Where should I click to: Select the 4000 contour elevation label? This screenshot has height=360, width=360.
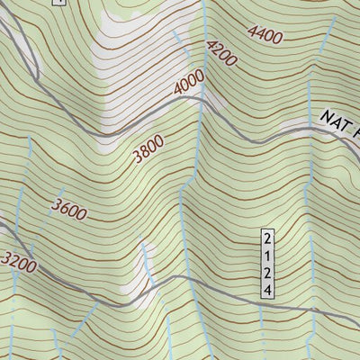pyautogui.click(x=190, y=85)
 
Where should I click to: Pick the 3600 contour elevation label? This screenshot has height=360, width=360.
pyautogui.click(x=69, y=210)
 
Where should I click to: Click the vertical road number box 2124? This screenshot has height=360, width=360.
pyautogui.click(x=266, y=263)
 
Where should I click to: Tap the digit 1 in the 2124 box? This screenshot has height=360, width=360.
pyautogui.click(x=266, y=255)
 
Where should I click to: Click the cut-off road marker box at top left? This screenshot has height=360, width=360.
pyautogui.click(x=58, y=3)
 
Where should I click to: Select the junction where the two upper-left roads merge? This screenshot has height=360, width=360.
pyautogui.click(x=36, y=72)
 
